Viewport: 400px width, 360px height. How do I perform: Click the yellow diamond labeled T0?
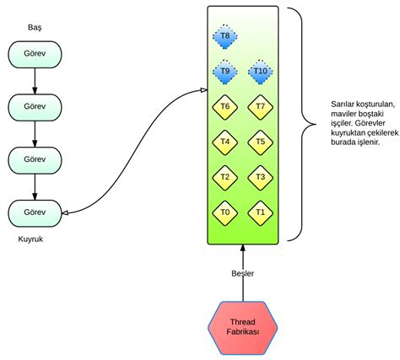pyautogui.click(x=224, y=212)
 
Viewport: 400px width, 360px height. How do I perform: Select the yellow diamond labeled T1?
pyautogui.click(x=260, y=212)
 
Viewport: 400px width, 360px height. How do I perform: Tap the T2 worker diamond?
pyautogui.click(x=224, y=177)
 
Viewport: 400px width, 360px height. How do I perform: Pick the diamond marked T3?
pyautogui.click(x=260, y=177)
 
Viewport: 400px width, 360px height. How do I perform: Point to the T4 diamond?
pyautogui.click(x=224, y=142)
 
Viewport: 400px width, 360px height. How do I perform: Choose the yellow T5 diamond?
pyautogui.click(x=260, y=142)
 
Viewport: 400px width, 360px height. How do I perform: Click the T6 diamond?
pyautogui.click(x=224, y=106)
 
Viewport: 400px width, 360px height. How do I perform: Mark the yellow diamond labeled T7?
pyautogui.click(x=260, y=106)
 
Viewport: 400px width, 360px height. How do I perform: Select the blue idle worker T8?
pyautogui.click(x=224, y=36)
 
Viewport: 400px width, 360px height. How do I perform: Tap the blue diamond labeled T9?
pyautogui.click(x=224, y=72)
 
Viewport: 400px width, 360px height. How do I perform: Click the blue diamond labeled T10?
pyautogui.click(x=260, y=72)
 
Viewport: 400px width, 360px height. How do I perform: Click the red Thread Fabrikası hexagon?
pyautogui.click(x=242, y=325)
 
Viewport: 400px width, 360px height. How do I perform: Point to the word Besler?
pyautogui.click(x=242, y=273)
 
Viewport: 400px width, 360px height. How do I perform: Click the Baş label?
pyautogui.click(x=34, y=28)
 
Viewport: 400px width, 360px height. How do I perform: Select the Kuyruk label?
pyautogui.click(x=31, y=239)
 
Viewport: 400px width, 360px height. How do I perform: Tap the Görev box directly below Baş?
pyautogui.click(x=34, y=54)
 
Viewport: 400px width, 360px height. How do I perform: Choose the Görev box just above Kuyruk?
pyautogui.click(x=34, y=212)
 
